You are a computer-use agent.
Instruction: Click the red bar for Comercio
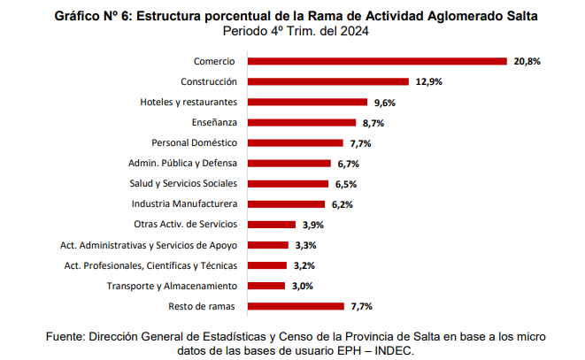(x=376, y=62)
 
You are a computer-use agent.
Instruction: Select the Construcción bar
(x=328, y=82)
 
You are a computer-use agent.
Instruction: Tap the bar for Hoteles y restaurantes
(x=307, y=103)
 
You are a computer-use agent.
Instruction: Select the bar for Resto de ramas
(x=296, y=306)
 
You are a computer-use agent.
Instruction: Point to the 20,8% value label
(x=526, y=62)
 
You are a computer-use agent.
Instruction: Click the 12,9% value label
(x=428, y=82)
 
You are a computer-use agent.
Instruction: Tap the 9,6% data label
(x=384, y=103)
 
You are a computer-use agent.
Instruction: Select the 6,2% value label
(x=343, y=204)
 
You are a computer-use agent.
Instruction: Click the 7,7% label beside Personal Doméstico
(x=359, y=143)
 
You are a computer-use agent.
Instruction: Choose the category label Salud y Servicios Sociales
(x=183, y=184)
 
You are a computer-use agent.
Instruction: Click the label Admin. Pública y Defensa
(x=183, y=164)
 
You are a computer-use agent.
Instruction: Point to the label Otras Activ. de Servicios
(x=185, y=225)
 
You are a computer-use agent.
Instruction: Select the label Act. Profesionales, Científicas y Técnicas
(x=151, y=265)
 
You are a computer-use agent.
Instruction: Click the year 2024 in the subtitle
(x=353, y=30)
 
